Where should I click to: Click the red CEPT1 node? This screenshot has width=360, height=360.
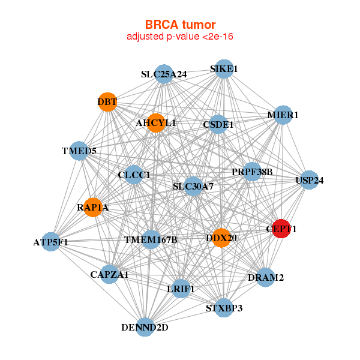281,228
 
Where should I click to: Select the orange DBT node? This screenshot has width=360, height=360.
107,102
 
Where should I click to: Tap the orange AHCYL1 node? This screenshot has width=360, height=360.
155,123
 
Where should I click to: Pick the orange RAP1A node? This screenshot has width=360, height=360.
93,207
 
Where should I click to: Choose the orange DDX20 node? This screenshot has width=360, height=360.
221,238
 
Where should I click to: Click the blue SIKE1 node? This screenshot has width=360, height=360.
224,69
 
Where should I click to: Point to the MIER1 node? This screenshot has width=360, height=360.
283,115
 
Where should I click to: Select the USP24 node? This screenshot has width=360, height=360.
309,180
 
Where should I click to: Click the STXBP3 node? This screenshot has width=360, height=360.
224,308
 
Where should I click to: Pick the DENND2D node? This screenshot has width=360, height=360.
145,327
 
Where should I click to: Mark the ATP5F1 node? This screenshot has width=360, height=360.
52,242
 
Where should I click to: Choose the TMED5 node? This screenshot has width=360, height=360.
79,151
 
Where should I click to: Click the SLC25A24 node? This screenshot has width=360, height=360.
164,74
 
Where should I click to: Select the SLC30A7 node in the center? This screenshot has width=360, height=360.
193,187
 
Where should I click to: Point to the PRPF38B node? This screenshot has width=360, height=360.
252,172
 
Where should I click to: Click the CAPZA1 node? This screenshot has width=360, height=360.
110,275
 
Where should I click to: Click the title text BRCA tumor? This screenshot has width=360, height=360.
180,25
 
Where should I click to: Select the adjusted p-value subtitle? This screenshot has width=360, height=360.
180,37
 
